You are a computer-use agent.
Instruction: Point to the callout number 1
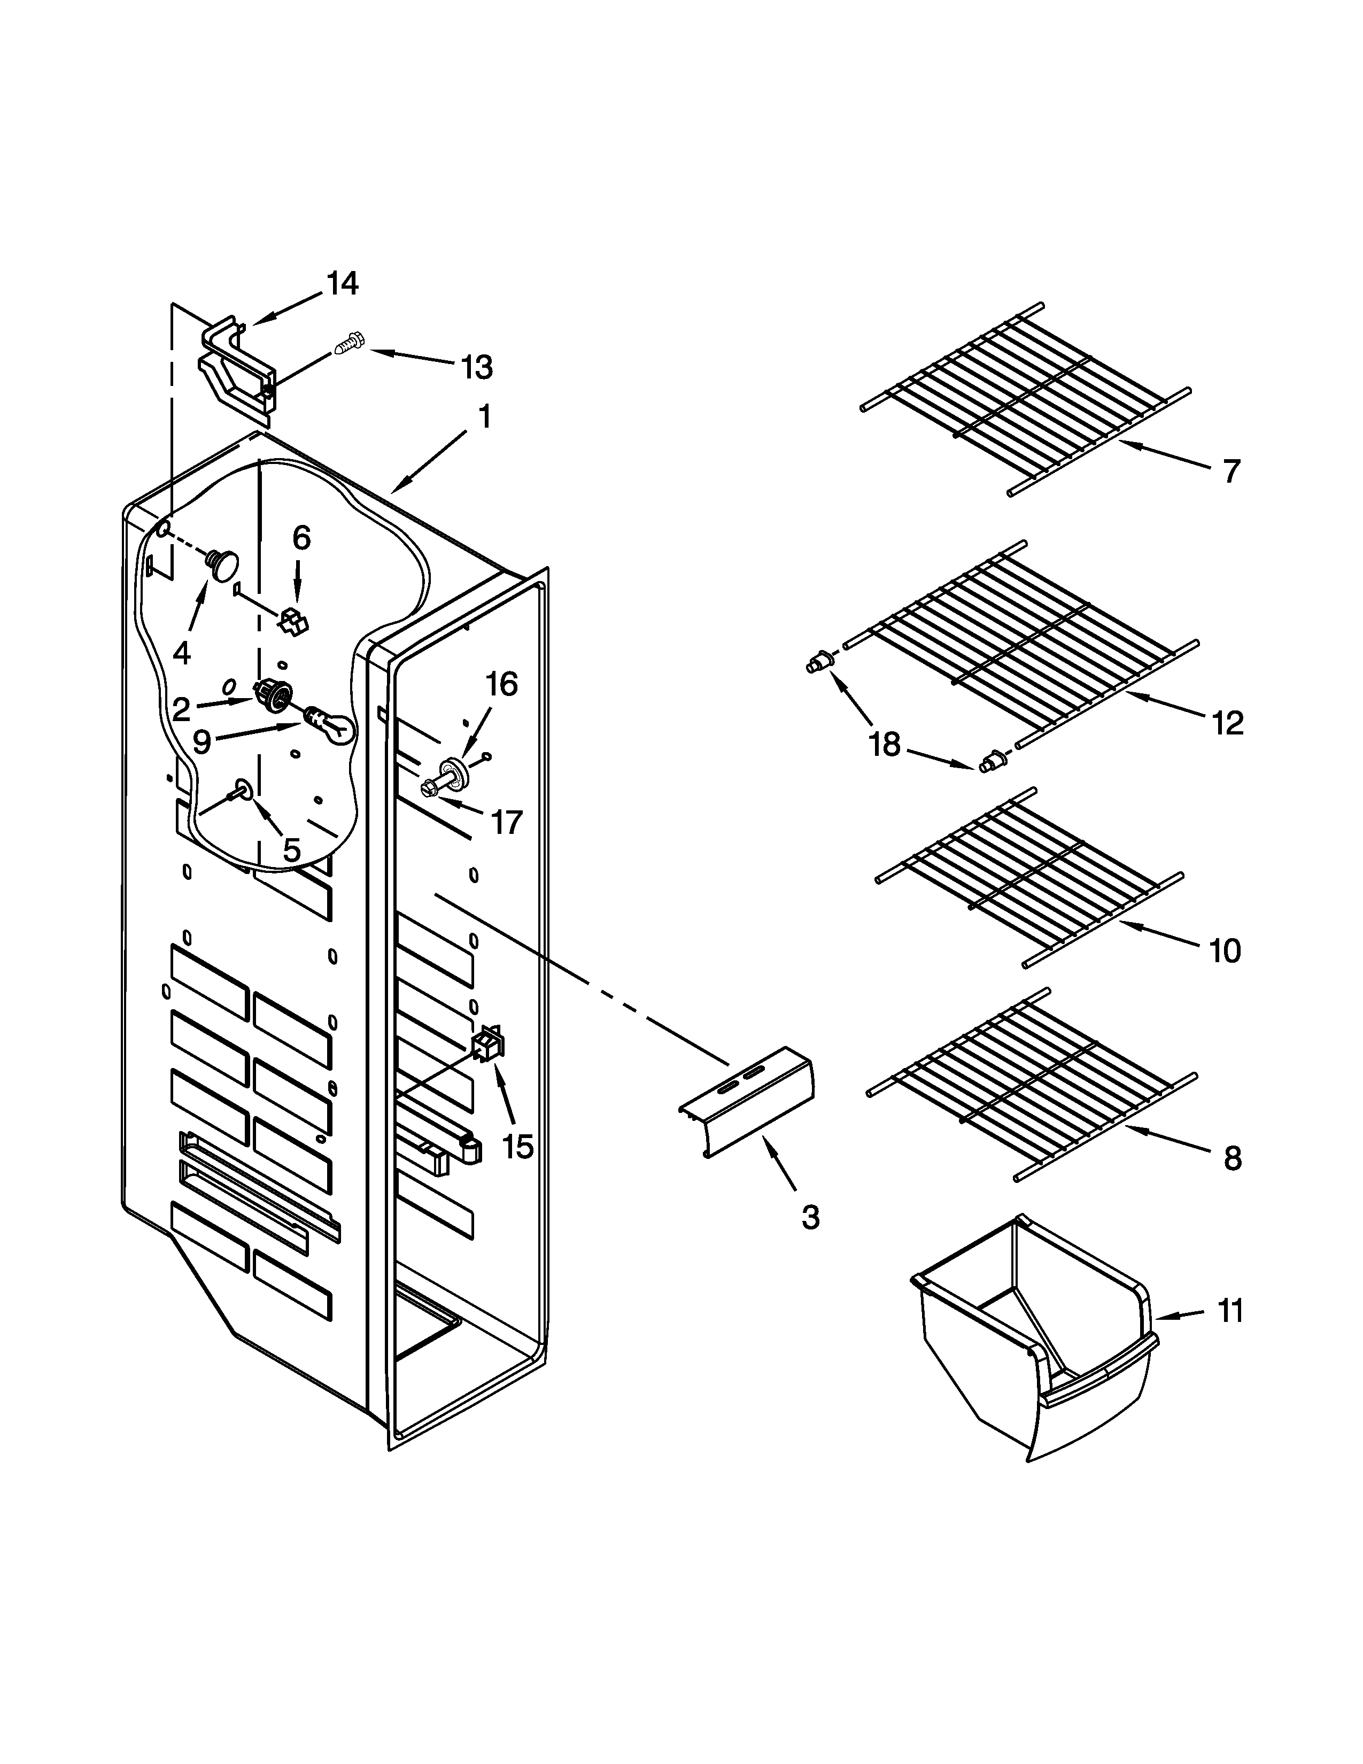click(x=484, y=417)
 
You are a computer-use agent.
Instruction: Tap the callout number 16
click(x=501, y=684)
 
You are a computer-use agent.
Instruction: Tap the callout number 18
click(x=885, y=744)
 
